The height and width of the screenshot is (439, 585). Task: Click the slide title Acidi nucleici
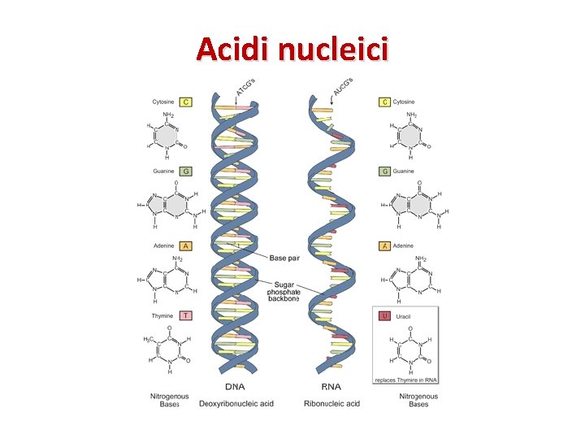[x=292, y=50]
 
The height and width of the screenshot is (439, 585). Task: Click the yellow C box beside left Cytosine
[x=186, y=102]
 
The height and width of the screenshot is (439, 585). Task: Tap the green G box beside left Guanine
[x=186, y=172]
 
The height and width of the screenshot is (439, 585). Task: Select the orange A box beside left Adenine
[x=186, y=246]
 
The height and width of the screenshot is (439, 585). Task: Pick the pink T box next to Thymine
[x=186, y=315]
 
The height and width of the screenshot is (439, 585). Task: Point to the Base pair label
[x=284, y=258]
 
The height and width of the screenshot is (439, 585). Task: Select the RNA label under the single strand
[x=331, y=387]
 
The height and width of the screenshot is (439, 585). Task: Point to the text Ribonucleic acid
[x=331, y=403]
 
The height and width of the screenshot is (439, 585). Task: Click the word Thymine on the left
[x=164, y=315]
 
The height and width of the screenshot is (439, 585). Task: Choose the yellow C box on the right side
[x=385, y=102]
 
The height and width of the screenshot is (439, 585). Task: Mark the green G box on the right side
[x=385, y=172]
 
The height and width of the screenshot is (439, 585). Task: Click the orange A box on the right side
[x=385, y=246]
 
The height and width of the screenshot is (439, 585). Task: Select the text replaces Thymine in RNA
[x=405, y=380]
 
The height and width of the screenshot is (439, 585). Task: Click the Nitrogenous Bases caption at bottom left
[x=169, y=400]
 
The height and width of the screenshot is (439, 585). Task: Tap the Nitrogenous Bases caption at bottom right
[x=418, y=400]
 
